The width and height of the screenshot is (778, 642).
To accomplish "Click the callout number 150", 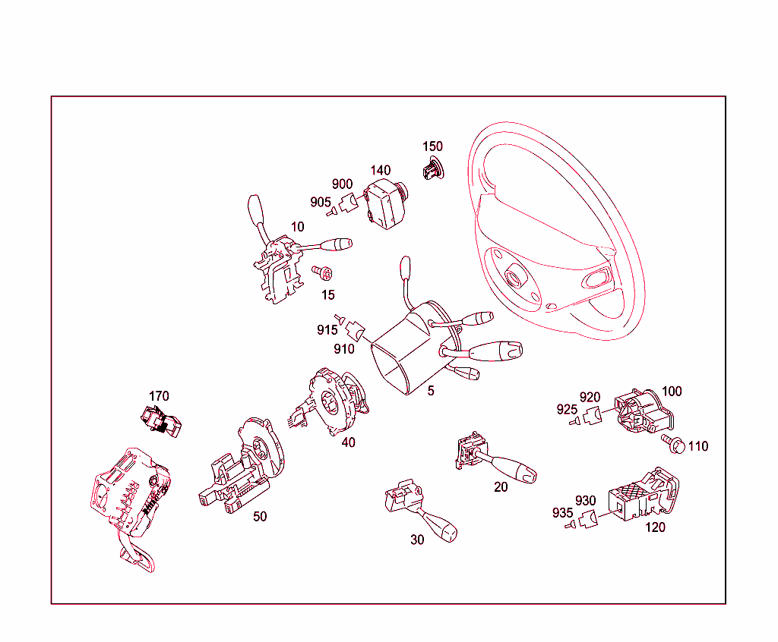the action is [432, 146].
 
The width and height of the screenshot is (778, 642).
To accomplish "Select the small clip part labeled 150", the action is [433, 168].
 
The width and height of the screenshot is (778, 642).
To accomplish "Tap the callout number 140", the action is [381, 170].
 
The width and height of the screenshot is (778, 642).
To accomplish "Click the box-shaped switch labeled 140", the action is [386, 203].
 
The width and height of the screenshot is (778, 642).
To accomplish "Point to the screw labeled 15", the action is [322, 272].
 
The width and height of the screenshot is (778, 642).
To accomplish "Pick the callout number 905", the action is [321, 203].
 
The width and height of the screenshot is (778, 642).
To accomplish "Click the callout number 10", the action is [297, 227].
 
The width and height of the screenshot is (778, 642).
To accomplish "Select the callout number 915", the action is [327, 329].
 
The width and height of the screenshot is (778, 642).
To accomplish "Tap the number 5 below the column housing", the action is [431, 391].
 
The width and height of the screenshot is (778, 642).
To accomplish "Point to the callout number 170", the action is [159, 396].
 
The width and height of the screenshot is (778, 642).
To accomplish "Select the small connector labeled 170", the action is [161, 421].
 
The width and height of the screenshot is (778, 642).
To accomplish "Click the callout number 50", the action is [260, 516].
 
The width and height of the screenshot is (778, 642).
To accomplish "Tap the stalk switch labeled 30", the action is [419, 508].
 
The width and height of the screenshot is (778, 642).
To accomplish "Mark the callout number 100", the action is [672, 391].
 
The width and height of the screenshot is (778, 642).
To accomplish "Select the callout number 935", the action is [563, 512].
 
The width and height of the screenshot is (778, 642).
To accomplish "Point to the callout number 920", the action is [590, 397].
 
